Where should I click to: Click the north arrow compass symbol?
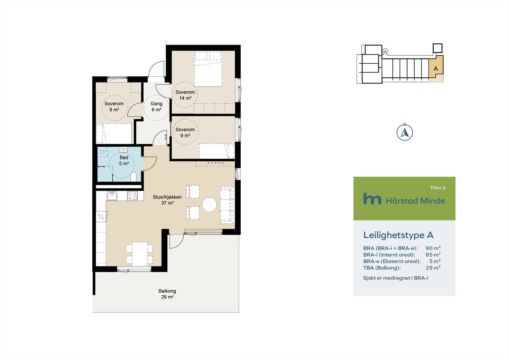[405, 132]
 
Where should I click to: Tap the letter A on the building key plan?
[436, 68]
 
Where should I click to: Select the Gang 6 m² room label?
[156, 107]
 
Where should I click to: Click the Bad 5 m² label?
[124, 160]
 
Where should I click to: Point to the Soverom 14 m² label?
[185, 95]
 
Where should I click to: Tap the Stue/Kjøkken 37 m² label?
[167, 200]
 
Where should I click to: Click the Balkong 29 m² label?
[167, 294]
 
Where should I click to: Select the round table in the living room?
[210, 204]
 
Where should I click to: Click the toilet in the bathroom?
[134, 177]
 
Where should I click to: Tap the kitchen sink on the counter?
[112, 195]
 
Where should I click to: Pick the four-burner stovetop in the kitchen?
[132, 195]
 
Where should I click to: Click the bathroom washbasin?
[123, 150]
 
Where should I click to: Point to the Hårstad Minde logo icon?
[372, 199]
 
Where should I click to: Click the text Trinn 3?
[437, 188]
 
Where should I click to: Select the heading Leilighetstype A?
[398, 235]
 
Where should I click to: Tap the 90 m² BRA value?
[433, 248]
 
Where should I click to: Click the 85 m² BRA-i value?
[433, 255]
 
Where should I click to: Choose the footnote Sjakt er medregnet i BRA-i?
[395, 278]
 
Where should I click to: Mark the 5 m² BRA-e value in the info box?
[435, 261]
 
